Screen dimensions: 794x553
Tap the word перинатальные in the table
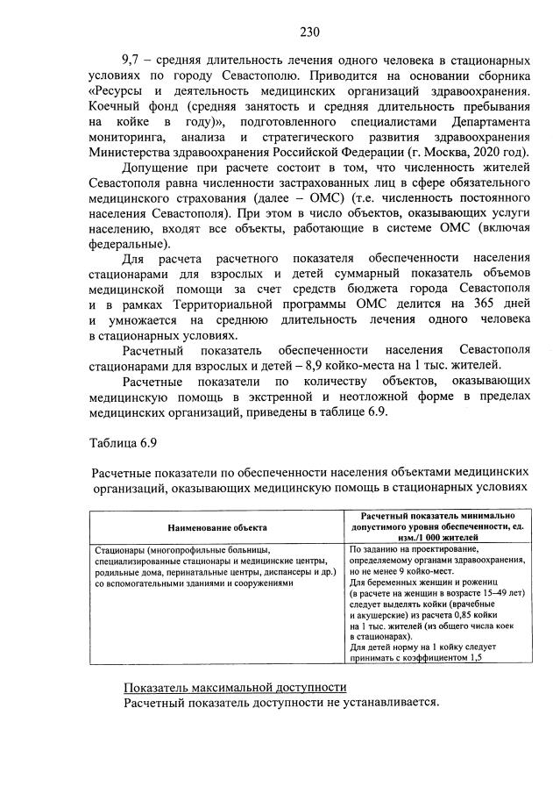(205, 571)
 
